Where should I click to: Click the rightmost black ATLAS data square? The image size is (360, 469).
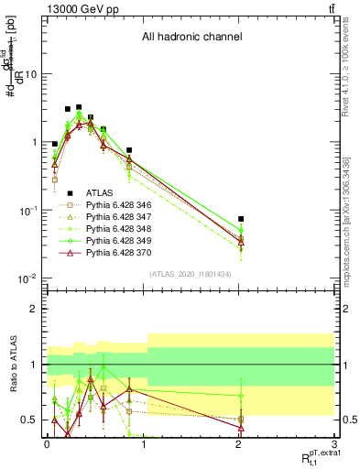[x=241, y=219]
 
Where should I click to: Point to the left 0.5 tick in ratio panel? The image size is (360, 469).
[x=30, y=420]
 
